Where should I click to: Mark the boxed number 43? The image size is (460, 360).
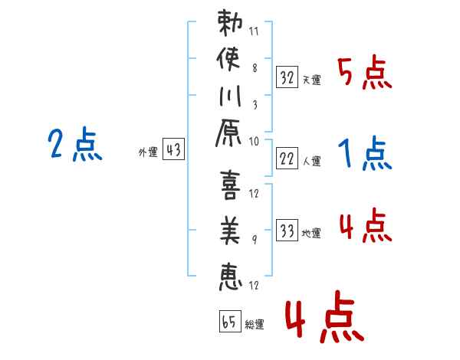tap(173, 151)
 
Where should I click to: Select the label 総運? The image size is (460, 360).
tap(255, 325)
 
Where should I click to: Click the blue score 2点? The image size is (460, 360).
tap(75, 145)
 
